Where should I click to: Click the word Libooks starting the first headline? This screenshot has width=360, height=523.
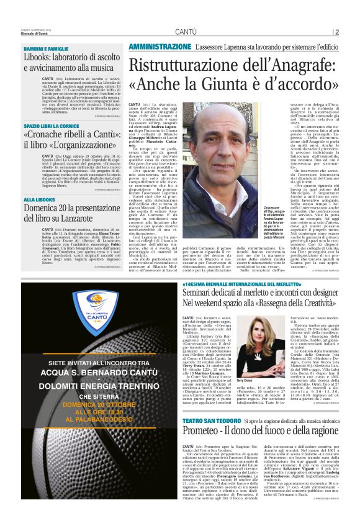pos(38,57)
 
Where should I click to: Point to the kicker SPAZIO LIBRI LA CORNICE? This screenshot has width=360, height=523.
pos(52,126)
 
